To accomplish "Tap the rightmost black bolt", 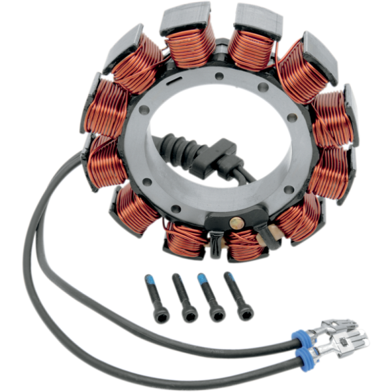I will click(237, 295).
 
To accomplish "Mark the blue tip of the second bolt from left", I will click(177, 279).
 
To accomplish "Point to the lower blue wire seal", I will click(302, 355).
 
